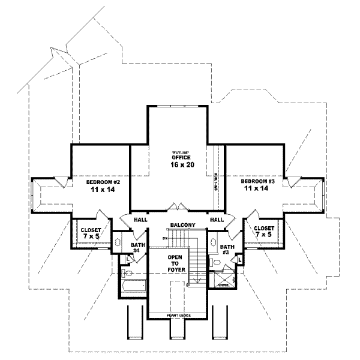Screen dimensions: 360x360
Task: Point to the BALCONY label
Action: point(182,225)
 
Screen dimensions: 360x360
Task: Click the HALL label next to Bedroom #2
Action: point(140,220)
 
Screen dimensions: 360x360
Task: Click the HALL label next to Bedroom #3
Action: point(217,220)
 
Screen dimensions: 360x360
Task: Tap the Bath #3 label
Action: point(227,250)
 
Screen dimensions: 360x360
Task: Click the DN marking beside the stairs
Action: point(164,238)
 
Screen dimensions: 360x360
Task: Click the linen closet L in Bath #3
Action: point(239,259)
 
